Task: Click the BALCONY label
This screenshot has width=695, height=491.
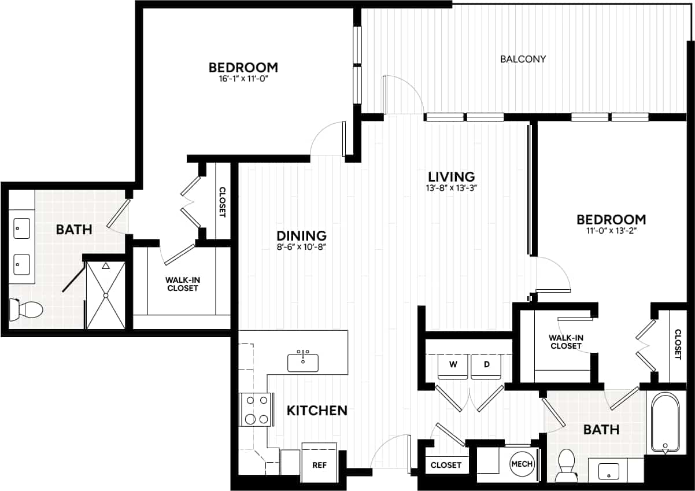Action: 523,59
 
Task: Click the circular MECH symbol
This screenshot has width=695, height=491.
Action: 522,464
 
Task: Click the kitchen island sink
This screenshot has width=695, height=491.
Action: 302,361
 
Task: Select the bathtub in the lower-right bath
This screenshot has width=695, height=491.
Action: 666,422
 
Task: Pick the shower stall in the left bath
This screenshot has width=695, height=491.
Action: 105,295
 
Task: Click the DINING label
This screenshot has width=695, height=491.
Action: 301,235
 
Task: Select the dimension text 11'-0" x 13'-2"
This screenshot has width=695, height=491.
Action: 611,231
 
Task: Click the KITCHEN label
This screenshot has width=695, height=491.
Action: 317,411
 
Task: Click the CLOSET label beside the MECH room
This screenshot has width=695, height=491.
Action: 446,465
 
